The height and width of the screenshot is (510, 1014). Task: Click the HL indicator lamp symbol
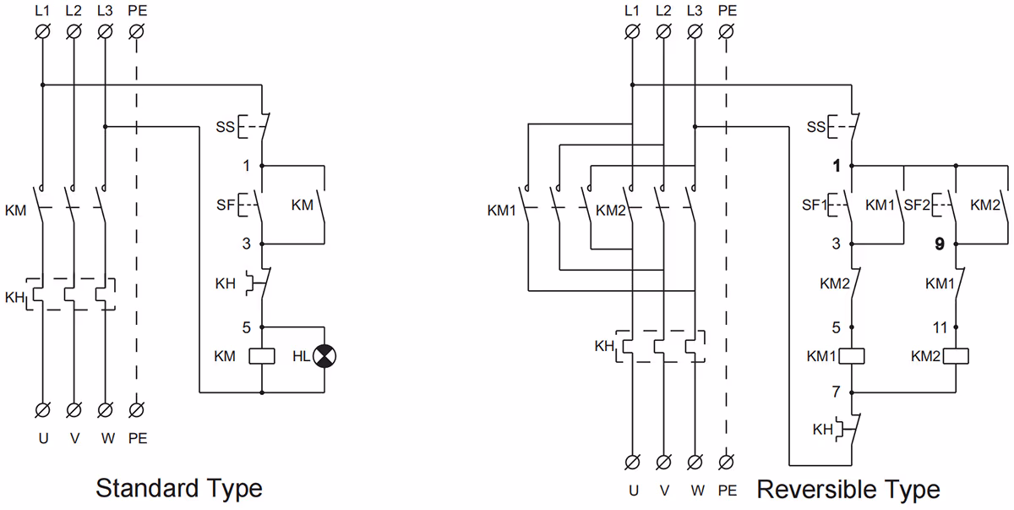click(324, 356)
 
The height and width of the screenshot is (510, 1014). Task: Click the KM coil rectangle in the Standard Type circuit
click(262, 356)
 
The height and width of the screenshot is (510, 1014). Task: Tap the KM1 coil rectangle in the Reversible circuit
click(852, 356)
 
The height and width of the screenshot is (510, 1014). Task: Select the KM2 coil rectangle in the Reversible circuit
click(956, 356)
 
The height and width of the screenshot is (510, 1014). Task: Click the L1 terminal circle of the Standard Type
click(42, 32)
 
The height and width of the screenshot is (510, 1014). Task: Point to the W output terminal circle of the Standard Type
click(105, 410)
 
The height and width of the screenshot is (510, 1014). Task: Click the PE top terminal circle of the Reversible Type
click(726, 32)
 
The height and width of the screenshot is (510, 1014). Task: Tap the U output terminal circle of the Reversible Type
click(632, 463)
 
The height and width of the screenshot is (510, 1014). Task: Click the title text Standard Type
click(179, 489)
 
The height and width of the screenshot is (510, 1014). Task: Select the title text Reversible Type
click(848, 490)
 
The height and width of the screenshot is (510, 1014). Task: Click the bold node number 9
click(940, 244)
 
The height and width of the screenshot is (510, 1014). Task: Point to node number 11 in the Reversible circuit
click(940, 327)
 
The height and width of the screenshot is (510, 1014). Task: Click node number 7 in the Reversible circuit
click(836, 392)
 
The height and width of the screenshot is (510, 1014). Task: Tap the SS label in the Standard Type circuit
click(225, 127)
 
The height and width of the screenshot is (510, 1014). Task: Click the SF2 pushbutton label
click(917, 206)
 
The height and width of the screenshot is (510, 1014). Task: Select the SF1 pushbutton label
click(815, 206)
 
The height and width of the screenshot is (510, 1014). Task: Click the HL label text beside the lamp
click(301, 356)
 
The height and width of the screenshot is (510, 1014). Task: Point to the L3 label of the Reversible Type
click(695, 11)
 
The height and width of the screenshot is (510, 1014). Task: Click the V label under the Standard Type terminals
click(74, 438)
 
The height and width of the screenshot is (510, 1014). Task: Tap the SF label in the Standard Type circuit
click(225, 206)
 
